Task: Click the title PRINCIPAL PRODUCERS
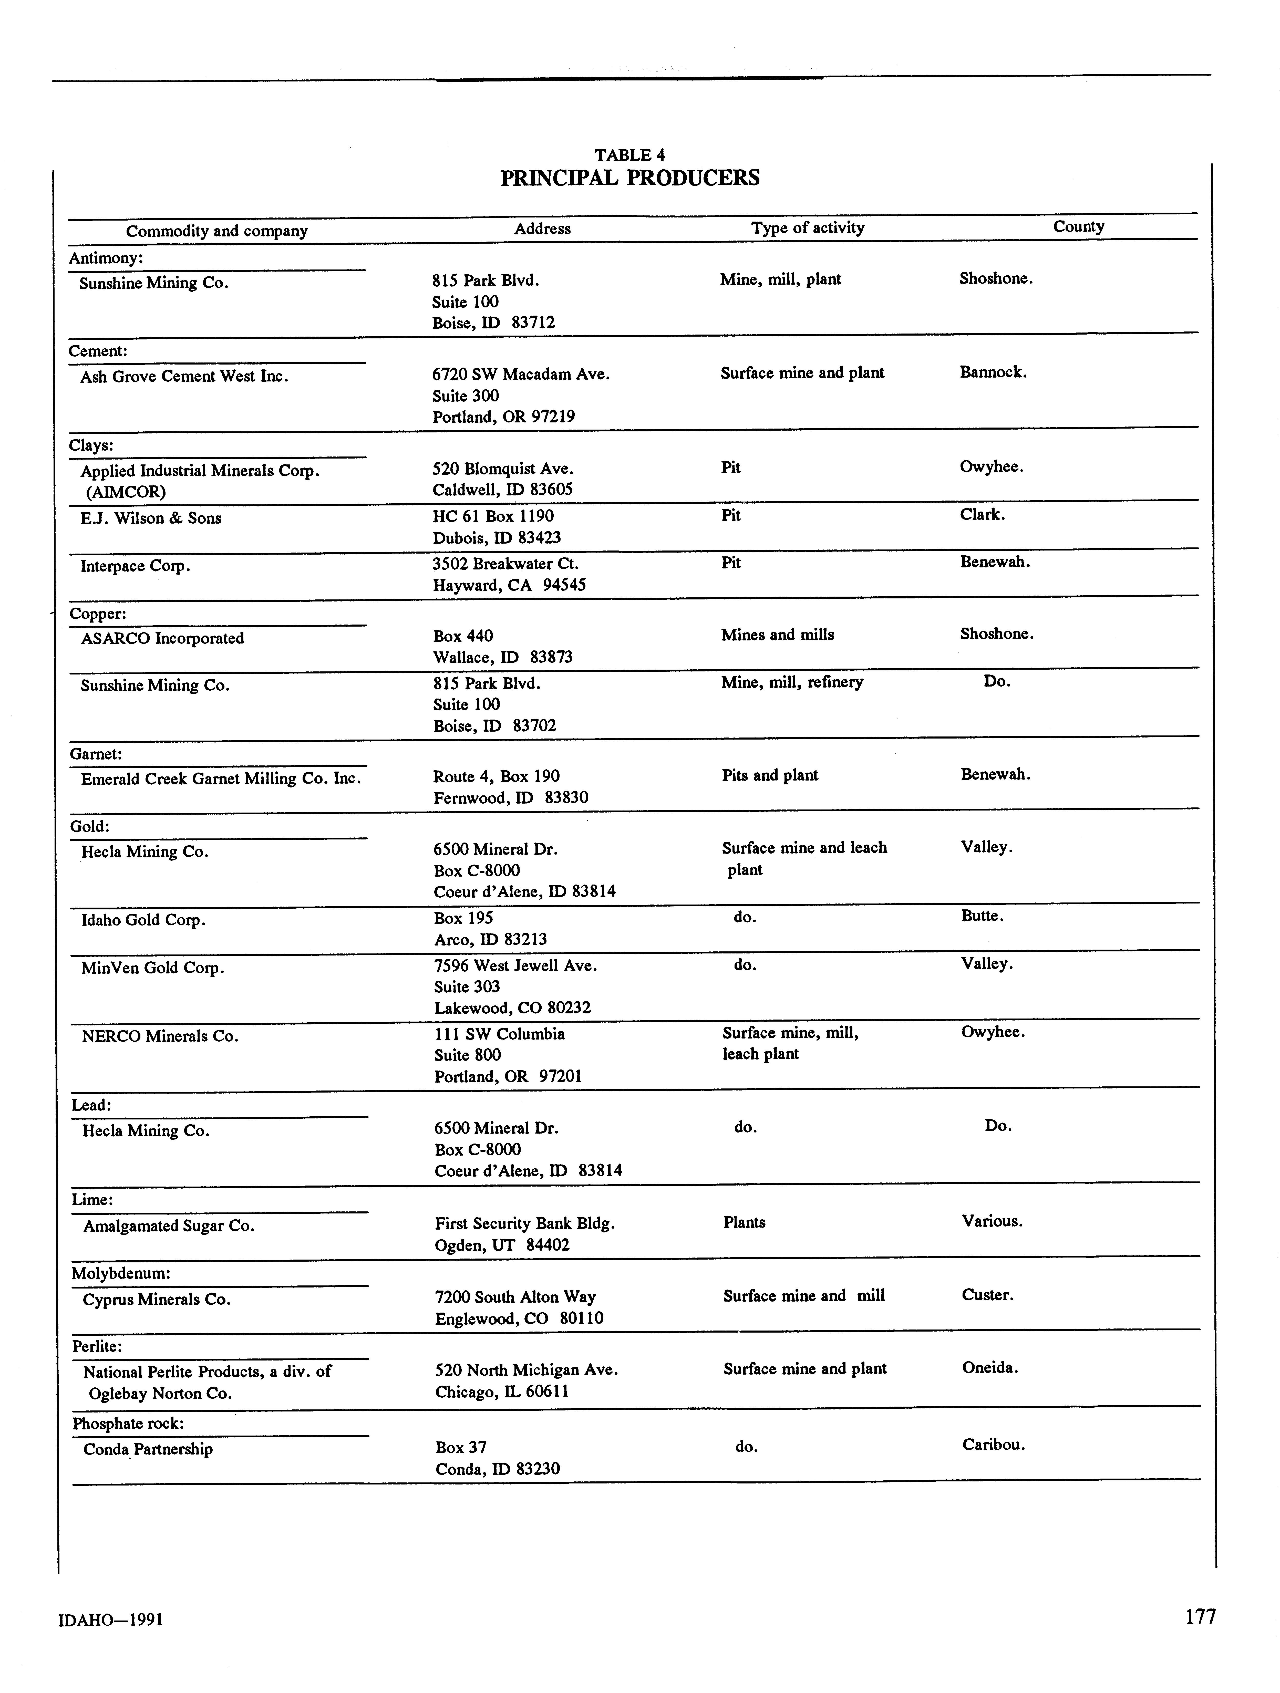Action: point(629,178)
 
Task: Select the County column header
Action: point(1078,226)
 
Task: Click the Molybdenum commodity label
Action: point(121,1274)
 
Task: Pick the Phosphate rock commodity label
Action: point(128,1424)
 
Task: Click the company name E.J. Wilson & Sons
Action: point(151,518)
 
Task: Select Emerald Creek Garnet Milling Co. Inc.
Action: point(221,778)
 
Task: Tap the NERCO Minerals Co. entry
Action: point(160,1036)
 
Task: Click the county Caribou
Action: point(993,1445)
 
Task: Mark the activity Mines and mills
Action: point(777,635)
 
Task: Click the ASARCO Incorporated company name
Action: point(162,638)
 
